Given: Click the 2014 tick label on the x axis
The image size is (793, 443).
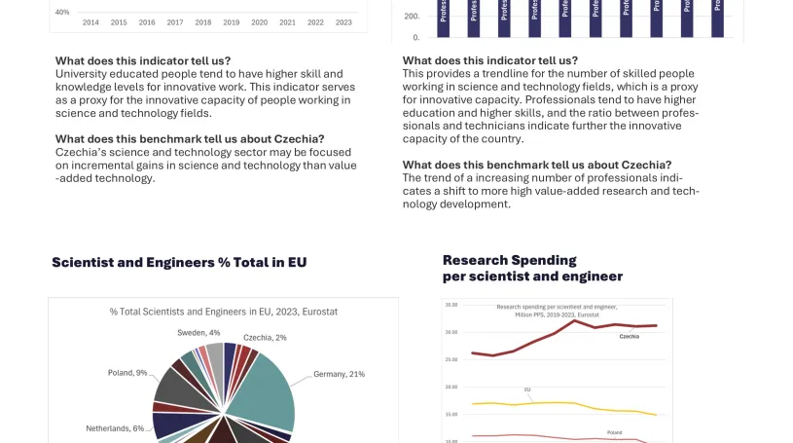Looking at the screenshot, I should tap(90, 22).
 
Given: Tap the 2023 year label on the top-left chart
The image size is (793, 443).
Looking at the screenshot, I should tap(343, 22).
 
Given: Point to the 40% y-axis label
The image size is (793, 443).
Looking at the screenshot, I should tap(62, 12).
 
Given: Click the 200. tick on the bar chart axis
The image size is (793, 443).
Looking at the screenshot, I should tap(411, 17).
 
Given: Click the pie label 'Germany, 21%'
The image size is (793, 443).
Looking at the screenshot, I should tap(339, 374).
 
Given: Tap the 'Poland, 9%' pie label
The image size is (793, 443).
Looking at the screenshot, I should tap(127, 373).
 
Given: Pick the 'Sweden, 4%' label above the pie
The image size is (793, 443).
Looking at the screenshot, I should tap(198, 333).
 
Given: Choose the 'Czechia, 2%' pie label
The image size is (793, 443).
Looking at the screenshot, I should tap(265, 338).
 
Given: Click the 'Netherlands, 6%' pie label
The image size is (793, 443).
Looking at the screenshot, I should tap(115, 428).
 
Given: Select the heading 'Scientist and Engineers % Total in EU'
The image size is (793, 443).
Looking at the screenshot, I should tap(179, 263).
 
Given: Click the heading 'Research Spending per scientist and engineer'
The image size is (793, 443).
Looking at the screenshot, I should tap(532, 268).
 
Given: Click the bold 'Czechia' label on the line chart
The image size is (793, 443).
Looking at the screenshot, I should tap(629, 336).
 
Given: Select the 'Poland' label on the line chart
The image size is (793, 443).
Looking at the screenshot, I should tap(614, 432).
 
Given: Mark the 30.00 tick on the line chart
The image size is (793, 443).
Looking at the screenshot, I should tap(451, 332).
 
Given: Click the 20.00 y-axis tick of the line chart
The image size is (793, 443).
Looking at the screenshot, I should tap(451, 387).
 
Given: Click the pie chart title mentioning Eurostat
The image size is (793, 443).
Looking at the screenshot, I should tap(223, 312).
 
